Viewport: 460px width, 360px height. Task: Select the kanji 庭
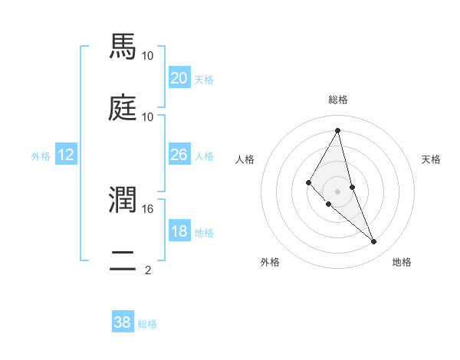(x=123, y=109)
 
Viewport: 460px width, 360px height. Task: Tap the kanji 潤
(x=123, y=201)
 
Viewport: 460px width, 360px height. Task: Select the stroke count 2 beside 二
(x=147, y=270)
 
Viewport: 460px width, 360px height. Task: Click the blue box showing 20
(x=179, y=78)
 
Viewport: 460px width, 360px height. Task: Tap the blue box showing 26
(x=179, y=155)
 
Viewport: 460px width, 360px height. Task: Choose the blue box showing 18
(x=179, y=232)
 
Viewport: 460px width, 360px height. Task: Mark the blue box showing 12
(x=66, y=155)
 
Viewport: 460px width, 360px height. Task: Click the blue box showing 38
(x=123, y=322)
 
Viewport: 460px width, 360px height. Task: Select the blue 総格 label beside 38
(x=147, y=324)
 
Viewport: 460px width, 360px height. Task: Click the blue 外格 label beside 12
(x=41, y=156)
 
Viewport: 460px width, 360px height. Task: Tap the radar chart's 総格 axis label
(x=337, y=100)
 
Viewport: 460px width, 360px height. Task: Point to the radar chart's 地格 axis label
(x=402, y=263)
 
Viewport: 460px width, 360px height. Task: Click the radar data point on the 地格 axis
(x=374, y=242)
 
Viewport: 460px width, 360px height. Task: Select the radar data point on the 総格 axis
(x=337, y=130)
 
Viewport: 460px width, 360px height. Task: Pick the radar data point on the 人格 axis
(x=308, y=182)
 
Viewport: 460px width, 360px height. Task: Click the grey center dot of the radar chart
(x=337, y=191)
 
